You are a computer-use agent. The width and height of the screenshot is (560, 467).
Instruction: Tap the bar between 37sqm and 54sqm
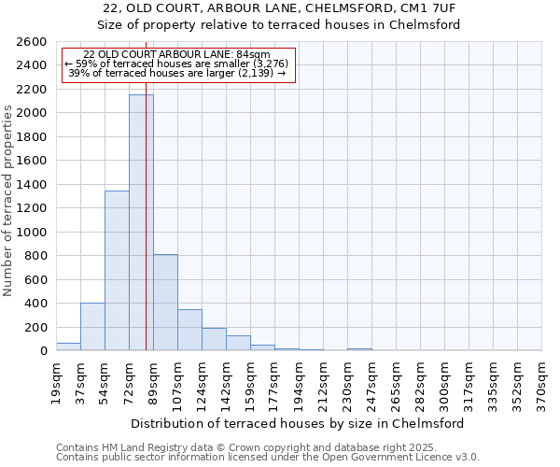pos(92,327)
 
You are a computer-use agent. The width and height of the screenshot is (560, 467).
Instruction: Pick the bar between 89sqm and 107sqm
pos(165,303)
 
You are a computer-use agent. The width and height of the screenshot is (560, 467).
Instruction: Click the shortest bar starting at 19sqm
pos(68,347)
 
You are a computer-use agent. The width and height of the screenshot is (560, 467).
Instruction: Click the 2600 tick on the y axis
pos(32,42)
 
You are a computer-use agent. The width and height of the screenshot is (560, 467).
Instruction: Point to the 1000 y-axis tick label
pos(32,233)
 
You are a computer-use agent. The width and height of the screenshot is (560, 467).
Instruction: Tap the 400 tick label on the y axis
pos(35,304)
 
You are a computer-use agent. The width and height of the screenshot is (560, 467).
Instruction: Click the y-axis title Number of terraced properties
pos(8,200)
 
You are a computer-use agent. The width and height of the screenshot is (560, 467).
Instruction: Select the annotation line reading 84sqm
pos(176,54)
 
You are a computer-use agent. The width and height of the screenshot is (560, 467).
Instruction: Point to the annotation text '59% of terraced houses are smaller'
pos(178,64)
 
